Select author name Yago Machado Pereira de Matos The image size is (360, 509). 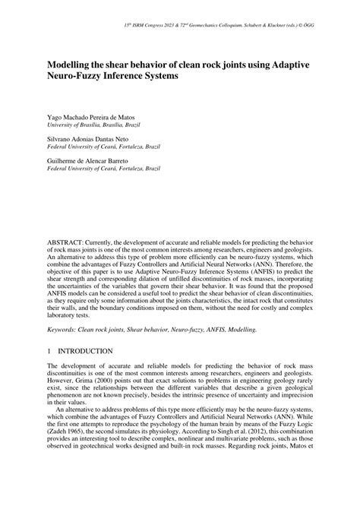(x=96, y=120)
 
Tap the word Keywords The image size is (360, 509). (x=65, y=329)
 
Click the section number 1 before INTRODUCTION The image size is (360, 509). (x=49, y=351)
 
